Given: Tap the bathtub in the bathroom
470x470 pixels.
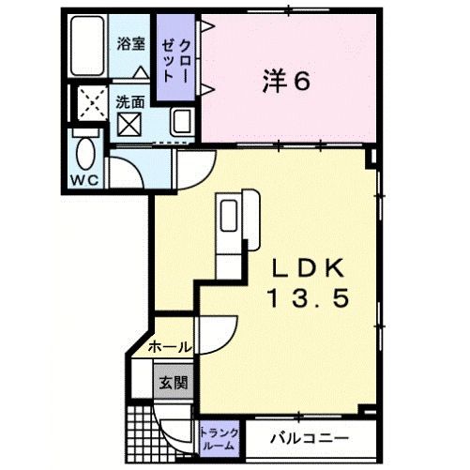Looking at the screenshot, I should [x=89, y=46].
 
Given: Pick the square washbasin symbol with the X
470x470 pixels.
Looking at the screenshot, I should [x=128, y=123].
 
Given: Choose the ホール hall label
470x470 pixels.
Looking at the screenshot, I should [x=170, y=347].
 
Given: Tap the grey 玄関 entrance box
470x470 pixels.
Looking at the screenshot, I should [x=172, y=382].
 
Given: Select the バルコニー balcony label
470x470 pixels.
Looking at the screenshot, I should [x=309, y=438].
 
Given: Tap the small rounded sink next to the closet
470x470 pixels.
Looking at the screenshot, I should [x=182, y=122].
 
